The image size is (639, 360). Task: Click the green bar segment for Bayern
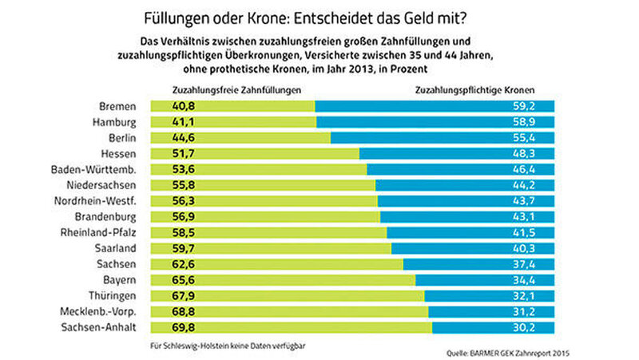click(x=296, y=279)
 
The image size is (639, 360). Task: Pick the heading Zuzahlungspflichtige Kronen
click(x=475, y=90)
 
